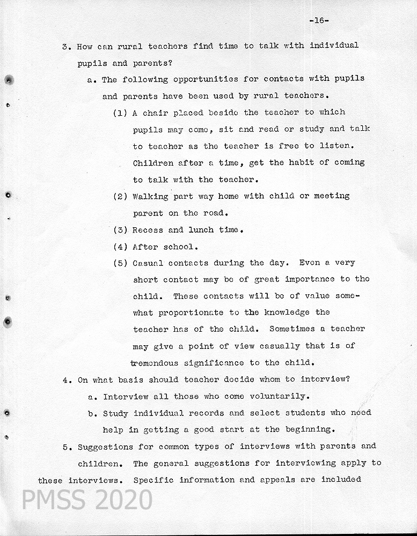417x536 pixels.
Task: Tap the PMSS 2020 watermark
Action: pos(87,500)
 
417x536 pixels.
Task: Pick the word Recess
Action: pos(148,230)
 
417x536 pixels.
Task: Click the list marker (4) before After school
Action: pos(120,247)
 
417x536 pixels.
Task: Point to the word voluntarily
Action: pos(280,397)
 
